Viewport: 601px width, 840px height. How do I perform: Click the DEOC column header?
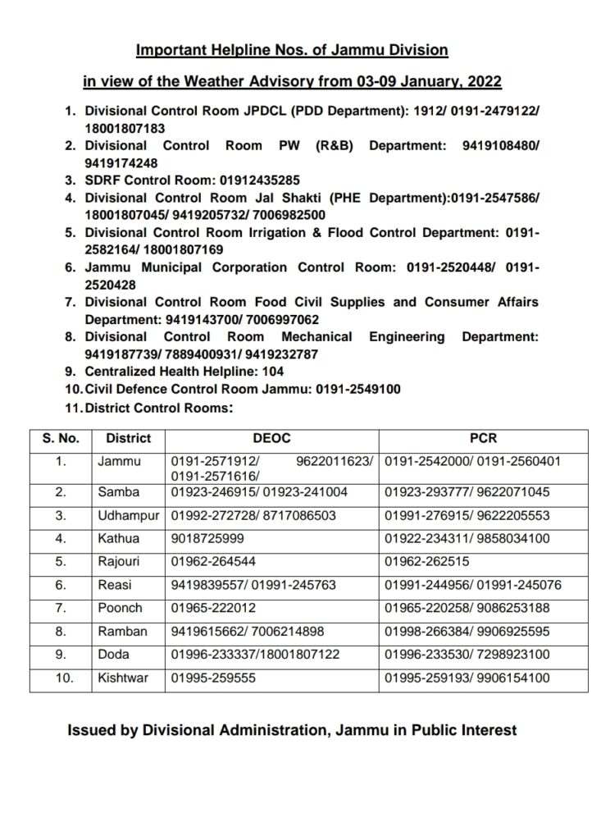(x=271, y=439)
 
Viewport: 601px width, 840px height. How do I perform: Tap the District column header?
(x=128, y=439)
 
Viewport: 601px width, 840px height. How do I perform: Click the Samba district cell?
(x=119, y=492)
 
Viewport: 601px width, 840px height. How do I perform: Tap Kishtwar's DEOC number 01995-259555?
(x=213, y=678)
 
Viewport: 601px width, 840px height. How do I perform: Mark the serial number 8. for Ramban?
(x=61, y=632)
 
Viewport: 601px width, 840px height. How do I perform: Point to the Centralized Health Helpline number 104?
(x=272, y=372)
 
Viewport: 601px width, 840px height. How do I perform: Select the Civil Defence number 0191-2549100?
(x=357, y=389)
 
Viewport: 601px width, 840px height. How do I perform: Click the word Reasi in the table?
(x=115, y=585)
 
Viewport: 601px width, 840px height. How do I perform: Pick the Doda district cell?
(x=114, y=655)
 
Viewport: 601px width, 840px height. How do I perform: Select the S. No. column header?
(x=61, y=439)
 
